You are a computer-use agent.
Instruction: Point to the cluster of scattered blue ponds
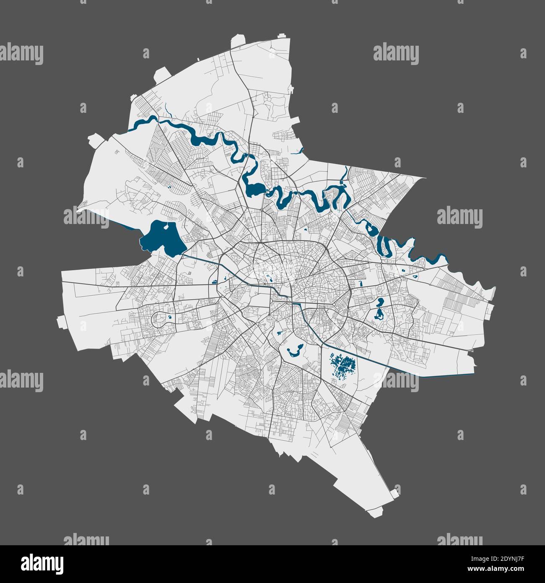[x=343, y=362]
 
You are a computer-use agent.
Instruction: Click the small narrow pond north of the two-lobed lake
[x=361, y=284]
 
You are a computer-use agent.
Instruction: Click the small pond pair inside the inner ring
[x=270, y=277]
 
